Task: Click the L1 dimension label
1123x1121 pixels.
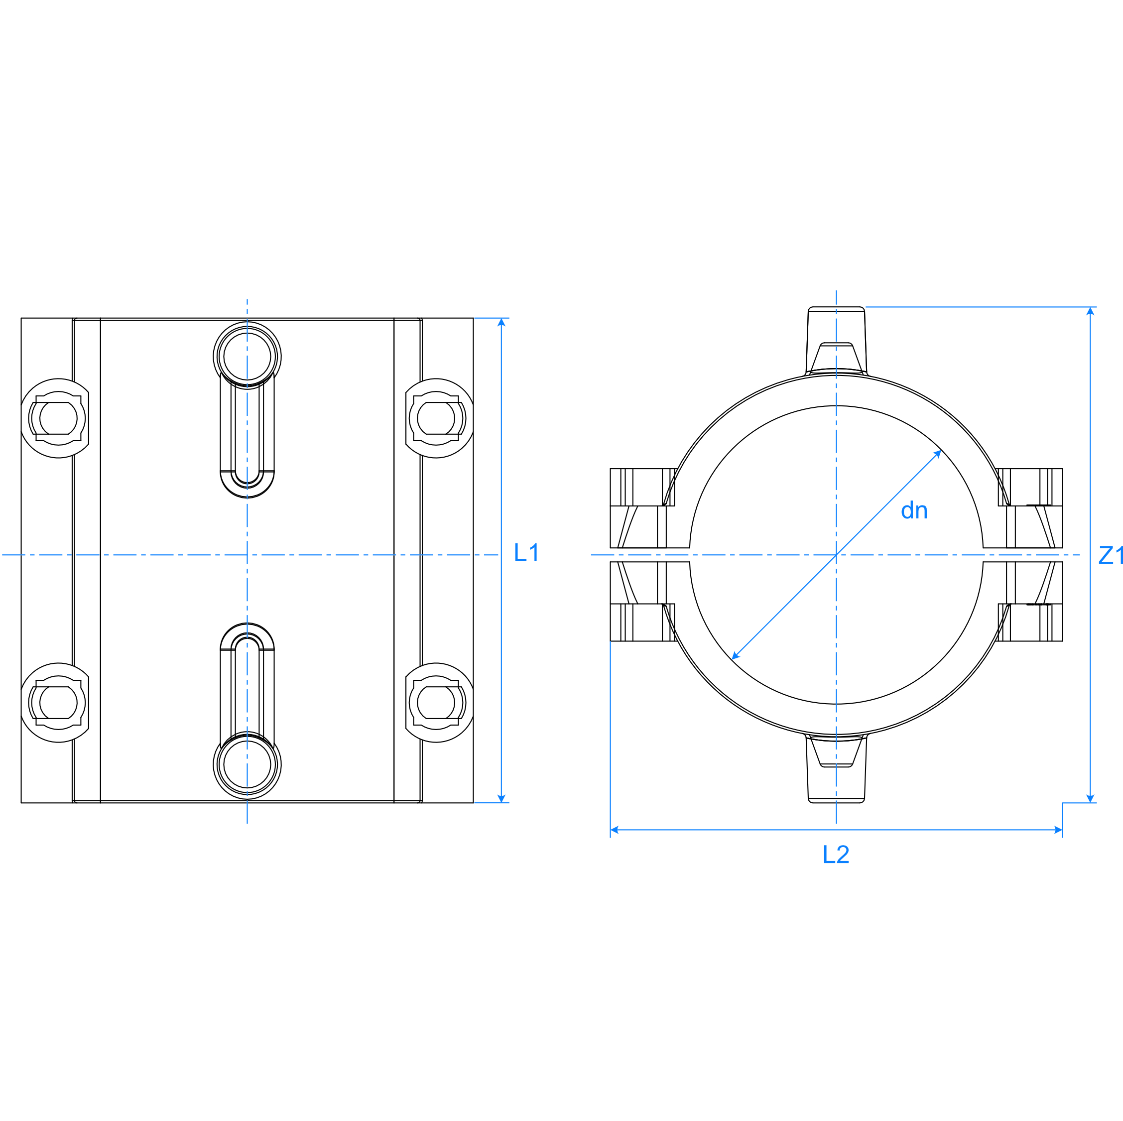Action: pos(526,552)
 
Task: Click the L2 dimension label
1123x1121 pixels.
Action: pos(836,854)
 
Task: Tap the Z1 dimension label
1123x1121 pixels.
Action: pos(1111,555)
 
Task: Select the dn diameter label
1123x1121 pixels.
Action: pos(914,510)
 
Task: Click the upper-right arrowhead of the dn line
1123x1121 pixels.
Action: pos(937,454)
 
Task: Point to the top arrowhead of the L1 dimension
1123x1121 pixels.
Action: pos(501,322)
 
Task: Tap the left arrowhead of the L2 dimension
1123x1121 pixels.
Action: pos(615,830)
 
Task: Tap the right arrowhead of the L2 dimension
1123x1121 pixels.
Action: pos(1058,830)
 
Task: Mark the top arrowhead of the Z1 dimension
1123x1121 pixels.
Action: pos(1091,311)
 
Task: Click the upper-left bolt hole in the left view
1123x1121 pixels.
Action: pos(58,418)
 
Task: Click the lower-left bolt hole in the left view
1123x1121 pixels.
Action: pos(58,703)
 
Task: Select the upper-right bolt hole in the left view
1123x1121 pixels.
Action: pos(436,418)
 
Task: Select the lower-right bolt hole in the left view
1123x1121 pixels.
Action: pos(436,703)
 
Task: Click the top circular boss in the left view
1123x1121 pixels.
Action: pos(247,356)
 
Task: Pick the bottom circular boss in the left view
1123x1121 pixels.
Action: pos(247,765)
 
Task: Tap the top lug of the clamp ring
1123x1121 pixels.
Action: pos(837,341)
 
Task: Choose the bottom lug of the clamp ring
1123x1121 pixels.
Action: pos(837,768)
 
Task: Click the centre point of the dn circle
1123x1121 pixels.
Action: pos(837,555)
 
